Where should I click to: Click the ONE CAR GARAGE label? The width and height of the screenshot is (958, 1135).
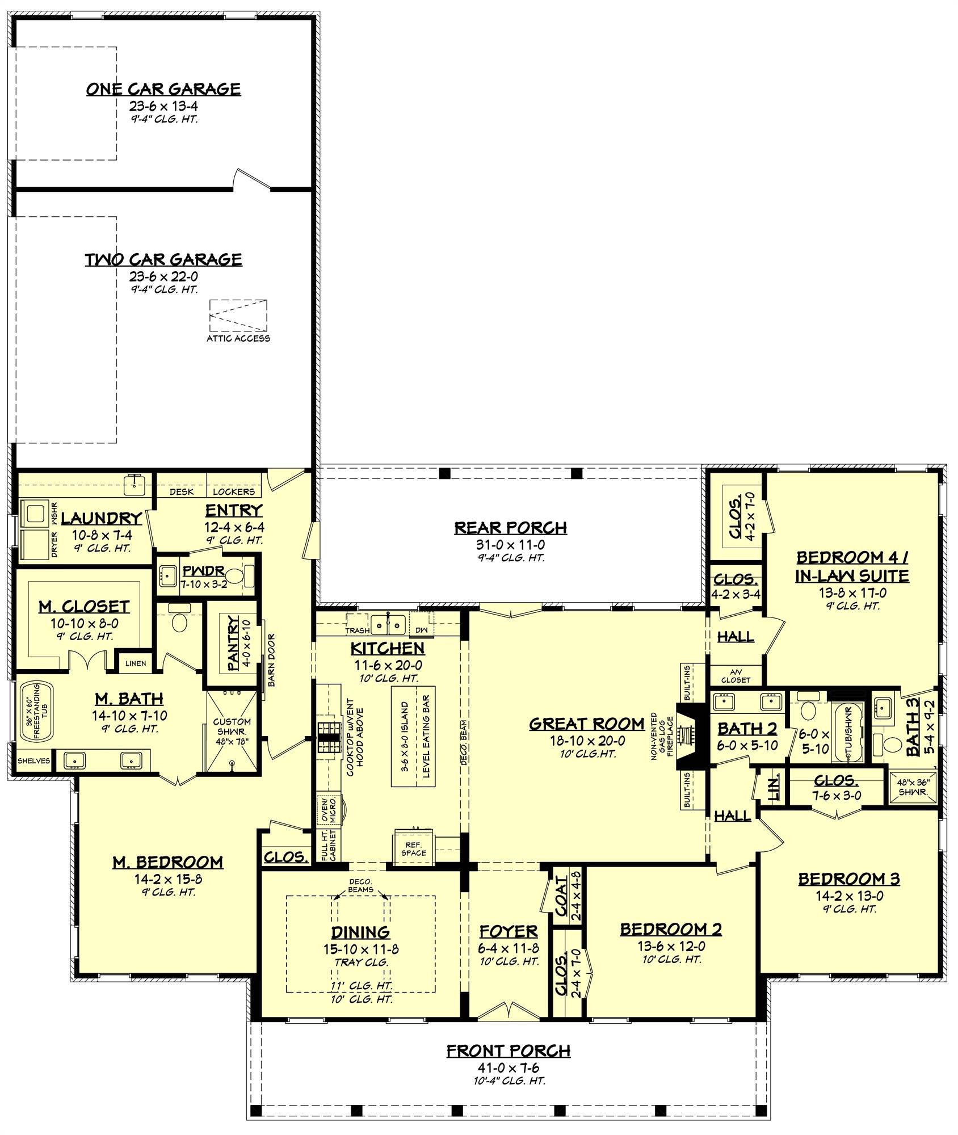tap(163, 89)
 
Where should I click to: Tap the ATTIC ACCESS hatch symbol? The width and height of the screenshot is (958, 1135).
tap(238, 315)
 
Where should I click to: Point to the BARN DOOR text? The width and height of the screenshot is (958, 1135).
tap(271, 660)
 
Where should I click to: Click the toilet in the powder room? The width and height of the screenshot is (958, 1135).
tap(234, 578)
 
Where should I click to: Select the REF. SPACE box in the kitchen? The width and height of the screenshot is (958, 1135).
tap(413, 849)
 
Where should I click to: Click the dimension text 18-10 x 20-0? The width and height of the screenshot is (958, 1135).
tap(587, 741)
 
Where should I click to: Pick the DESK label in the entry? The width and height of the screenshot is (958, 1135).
tap(182, 491)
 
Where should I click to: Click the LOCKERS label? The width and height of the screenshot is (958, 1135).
tap(234, 491)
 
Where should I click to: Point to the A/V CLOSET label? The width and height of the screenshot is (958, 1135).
tap(736, 675)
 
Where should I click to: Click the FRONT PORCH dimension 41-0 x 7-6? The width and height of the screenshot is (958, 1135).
tap(509, 1069)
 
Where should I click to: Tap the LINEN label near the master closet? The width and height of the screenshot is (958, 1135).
tap(135, 663)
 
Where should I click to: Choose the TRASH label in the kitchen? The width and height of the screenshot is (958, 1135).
tap(357, 630)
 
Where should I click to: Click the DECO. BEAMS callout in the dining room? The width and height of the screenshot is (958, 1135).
tap(360, 886)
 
